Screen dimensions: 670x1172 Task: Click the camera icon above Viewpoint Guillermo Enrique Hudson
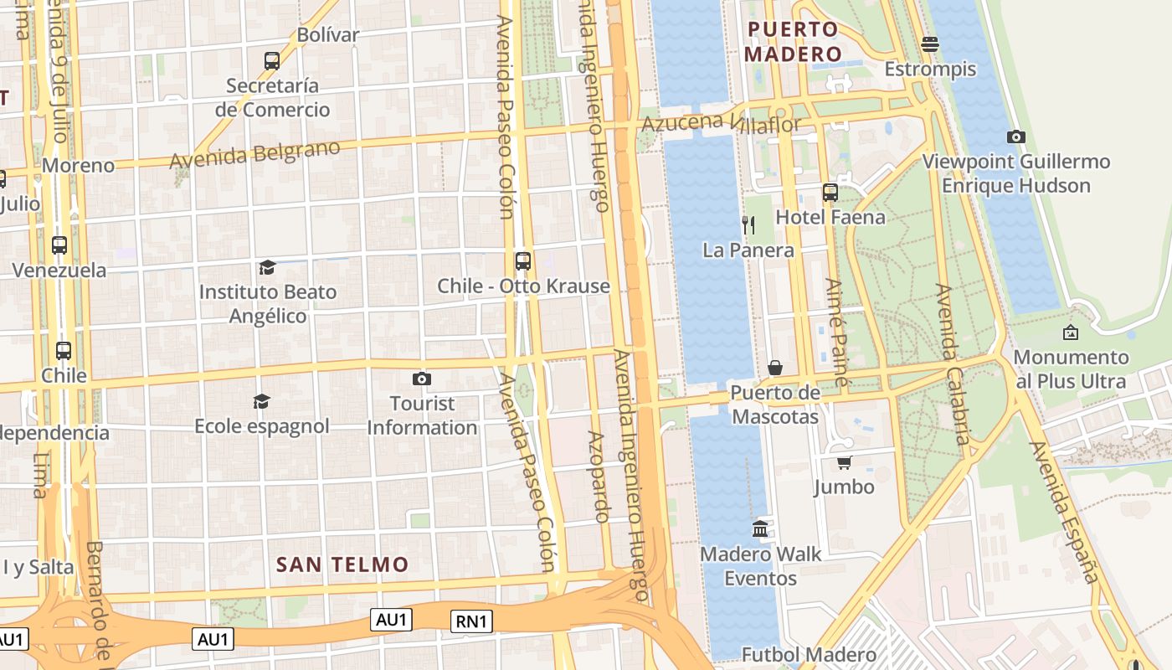pyautogui.click(x=1015, y=137)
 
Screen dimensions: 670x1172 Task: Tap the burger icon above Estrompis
pyautogui.click(x=929, y=44)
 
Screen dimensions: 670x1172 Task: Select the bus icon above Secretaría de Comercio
pyautogui.click(x=272, y=60)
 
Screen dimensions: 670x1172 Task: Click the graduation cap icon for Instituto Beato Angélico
pyautogui.click(x=267, y=267)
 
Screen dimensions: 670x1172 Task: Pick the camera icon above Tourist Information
pyautogui.click(x=422, y=379)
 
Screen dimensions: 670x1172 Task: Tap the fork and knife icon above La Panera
pyautogui.click(x=748, y=224)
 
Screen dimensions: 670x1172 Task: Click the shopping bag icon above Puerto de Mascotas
pyautogui.click(x=775, y=368)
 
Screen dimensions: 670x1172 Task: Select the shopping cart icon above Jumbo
pyautogui.click(x=844, y=462)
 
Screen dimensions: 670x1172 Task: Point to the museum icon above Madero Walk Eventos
pyautogui.click(x=760, y=528)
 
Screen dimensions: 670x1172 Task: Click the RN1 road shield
pyautogui.click(x=471, y=621)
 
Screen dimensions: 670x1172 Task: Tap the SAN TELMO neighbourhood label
pyautogui.click(x=342, y=564)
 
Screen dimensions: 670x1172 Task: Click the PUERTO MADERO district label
pyautogui.click(x=792, y=42)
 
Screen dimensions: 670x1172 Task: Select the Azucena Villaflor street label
pyautogui.click(x=721, y=125)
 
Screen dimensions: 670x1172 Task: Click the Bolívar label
pyautogui.click(x=328, y=35)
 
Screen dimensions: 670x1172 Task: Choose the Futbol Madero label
pyautogui.click(x=809, y=654)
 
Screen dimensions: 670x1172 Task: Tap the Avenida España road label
pyautogui.click(x=1064, y=512)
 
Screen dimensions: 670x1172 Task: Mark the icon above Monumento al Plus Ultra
pyautogui.click(x=1070, y=332)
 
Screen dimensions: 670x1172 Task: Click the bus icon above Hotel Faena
pyautogui.click(x=830, y=192)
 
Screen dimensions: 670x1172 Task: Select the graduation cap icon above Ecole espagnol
pyautogui.click(x=261, y=401)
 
